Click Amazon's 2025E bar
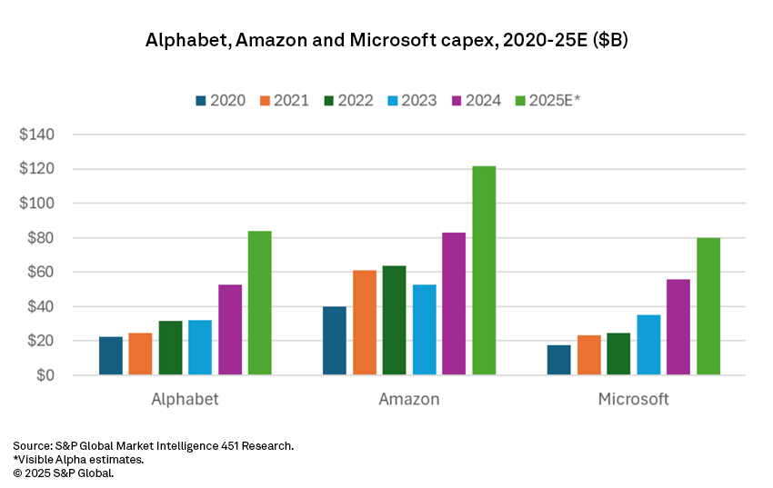coord(484,271)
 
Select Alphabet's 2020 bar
coord(111,356)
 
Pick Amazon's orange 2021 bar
coord(365,323)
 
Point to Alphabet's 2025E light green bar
coord(260,303)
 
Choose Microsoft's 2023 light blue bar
coord(648,344)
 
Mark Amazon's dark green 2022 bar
coord(395,320)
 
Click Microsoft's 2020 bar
coord(559,360)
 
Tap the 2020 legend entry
coord(219,100)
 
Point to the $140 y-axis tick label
coord(37,134)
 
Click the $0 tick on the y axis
coord(45,375)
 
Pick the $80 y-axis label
coord(41,238)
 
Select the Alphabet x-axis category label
coord(185,399)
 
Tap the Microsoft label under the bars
coord(633,399)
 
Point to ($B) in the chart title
coord(606,42)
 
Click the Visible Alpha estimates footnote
coord(78,460)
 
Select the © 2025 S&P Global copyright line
coord(64,473)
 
